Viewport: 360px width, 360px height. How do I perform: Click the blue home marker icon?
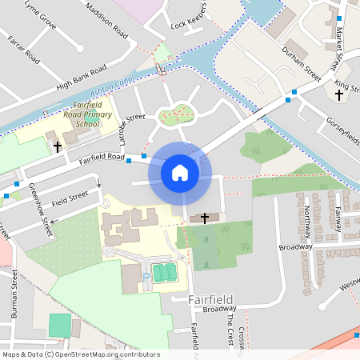(x=180, y=173)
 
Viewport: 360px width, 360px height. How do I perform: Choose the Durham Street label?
(x=301, y=64)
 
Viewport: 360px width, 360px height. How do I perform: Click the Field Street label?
(x=70, y=196)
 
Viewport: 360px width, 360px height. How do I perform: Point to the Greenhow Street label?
(x=42, y=210)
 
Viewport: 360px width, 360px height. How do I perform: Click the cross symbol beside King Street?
(x=338, y=95)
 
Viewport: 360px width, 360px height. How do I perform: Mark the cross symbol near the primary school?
(x=58, y=146)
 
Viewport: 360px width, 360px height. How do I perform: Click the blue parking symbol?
(x=146, y=277)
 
